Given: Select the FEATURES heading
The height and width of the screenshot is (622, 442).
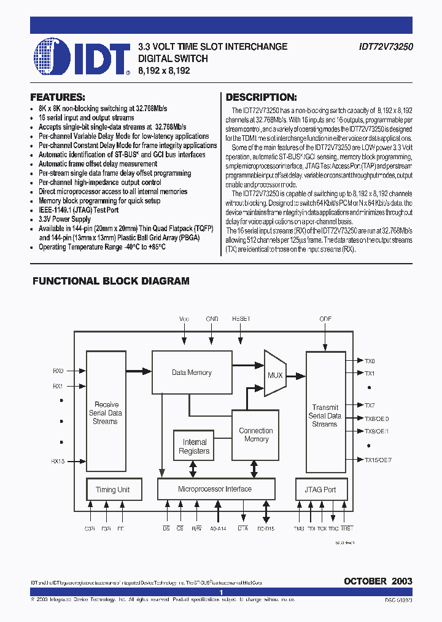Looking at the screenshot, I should (x=58, y=97).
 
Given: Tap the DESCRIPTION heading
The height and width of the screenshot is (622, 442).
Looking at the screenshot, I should (x=262, y=97).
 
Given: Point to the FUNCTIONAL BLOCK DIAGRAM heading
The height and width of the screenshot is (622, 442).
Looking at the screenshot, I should (x=110, y=281).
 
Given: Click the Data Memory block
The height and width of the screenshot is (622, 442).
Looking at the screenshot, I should (x=192, y=372).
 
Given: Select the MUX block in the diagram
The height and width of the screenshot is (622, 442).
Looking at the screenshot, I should (x=275, y=375).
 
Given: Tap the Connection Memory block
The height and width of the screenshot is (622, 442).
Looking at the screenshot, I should (x=256, y=435).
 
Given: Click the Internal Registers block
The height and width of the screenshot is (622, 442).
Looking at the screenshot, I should (x=194, y=447).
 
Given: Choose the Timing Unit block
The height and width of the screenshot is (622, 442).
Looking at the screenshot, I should (x=112, y=489).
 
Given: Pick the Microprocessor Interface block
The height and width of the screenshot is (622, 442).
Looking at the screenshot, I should (x=214, y=489).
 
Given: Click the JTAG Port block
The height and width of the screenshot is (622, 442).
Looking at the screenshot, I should (x=320, y=489).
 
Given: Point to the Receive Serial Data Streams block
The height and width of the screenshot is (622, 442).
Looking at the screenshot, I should (x=106, y=413).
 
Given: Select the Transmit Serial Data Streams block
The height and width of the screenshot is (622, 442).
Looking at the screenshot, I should (x=325, y=415).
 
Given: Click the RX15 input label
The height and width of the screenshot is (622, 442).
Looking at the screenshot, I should (x=58, y=460).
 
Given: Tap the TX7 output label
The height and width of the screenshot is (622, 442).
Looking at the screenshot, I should (x=370, y=405).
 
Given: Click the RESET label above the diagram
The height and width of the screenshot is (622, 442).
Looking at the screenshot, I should (x=241, y=320).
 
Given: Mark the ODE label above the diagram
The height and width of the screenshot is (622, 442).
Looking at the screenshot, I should (x=325, y=320).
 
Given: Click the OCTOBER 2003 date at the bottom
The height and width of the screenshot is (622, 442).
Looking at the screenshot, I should (x=378, y=581).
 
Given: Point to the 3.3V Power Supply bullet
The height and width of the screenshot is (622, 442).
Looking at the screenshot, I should (x=64, y=219).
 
